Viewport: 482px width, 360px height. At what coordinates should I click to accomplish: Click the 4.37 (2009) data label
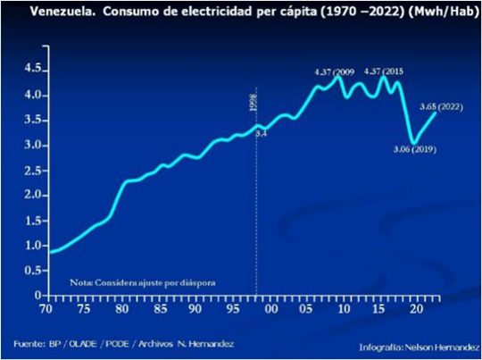coord(335,71)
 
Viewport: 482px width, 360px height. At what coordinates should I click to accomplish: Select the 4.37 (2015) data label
coord(385,71)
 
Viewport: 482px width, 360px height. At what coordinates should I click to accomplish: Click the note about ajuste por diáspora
coord(143,281)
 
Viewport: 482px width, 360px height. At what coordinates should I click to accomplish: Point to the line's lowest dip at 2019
coord(411,141)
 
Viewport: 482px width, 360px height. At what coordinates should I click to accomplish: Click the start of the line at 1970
coord(51,252)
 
